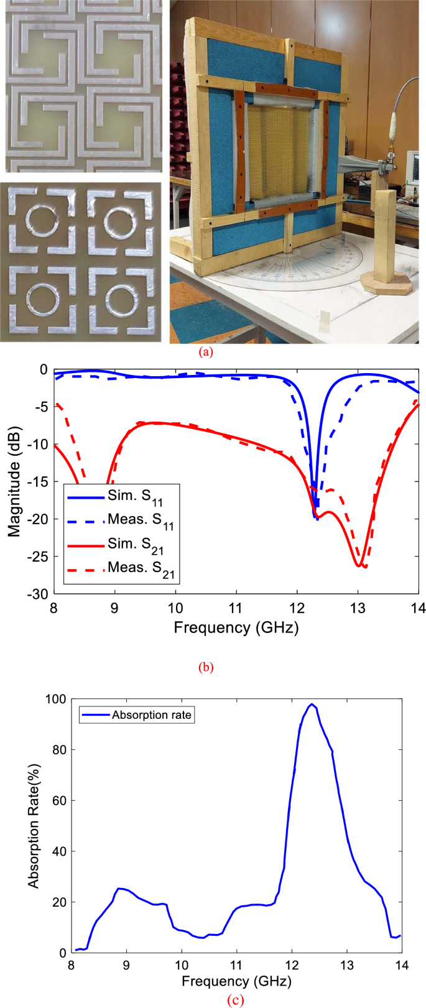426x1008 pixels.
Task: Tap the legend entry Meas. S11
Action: coord(141,520)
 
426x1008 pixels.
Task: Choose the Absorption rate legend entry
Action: coord(152,715)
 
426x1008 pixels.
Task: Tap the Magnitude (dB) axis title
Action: coord(14,481)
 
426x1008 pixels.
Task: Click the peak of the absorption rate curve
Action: coord(312,704)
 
